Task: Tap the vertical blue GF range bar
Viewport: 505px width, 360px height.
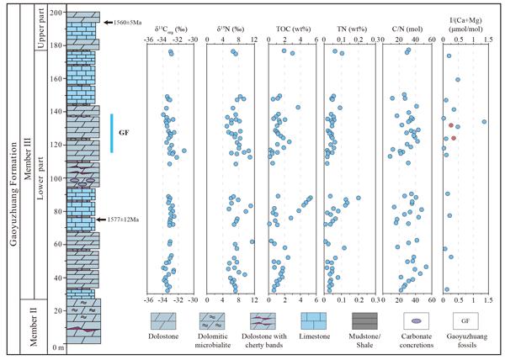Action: coord(112,133)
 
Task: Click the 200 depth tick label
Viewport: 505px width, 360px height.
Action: coord(55,13)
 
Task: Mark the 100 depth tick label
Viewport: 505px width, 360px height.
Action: coord(55,178)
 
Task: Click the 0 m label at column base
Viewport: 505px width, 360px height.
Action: coord(57,347)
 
